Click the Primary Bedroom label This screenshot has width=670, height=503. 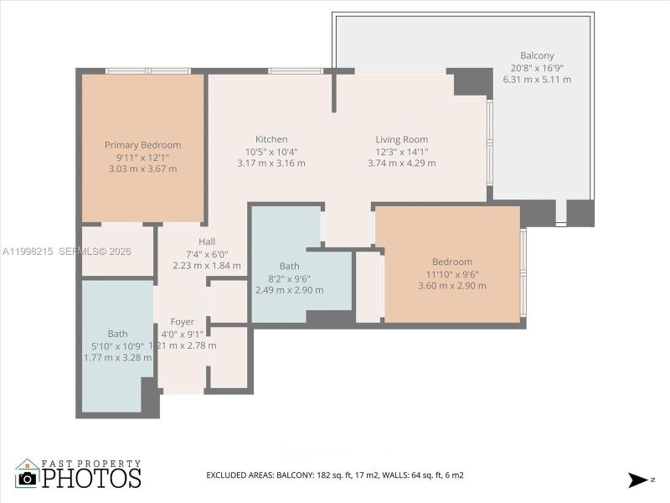(x=142, y=145)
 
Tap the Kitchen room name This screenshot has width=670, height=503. (x=271, y=139)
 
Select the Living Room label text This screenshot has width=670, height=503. (x=401, y=139)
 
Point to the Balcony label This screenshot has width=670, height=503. (x=537, y=55)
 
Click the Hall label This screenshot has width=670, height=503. (x=207, y=241)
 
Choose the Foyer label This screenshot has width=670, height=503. (x=182, y=322)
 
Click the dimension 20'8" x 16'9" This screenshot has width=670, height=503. (x=537, y=68)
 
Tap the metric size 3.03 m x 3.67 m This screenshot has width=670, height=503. (x=142, y=169)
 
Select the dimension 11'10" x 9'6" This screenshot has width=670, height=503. (x=452, y=273)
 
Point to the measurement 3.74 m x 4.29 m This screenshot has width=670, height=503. (x=401, y=163)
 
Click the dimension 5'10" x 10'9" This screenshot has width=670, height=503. (x=118, y=345)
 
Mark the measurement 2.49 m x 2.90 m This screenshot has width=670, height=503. (x=289, y=290)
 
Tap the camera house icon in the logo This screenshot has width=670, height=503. (x=27, y=474)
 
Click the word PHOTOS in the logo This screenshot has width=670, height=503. (x=91, y=479)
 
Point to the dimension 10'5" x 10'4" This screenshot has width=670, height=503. (x=271, y=152)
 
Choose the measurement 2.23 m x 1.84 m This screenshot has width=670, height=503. (x=207, y=266)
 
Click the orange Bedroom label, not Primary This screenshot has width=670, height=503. (x=452, y=262)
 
